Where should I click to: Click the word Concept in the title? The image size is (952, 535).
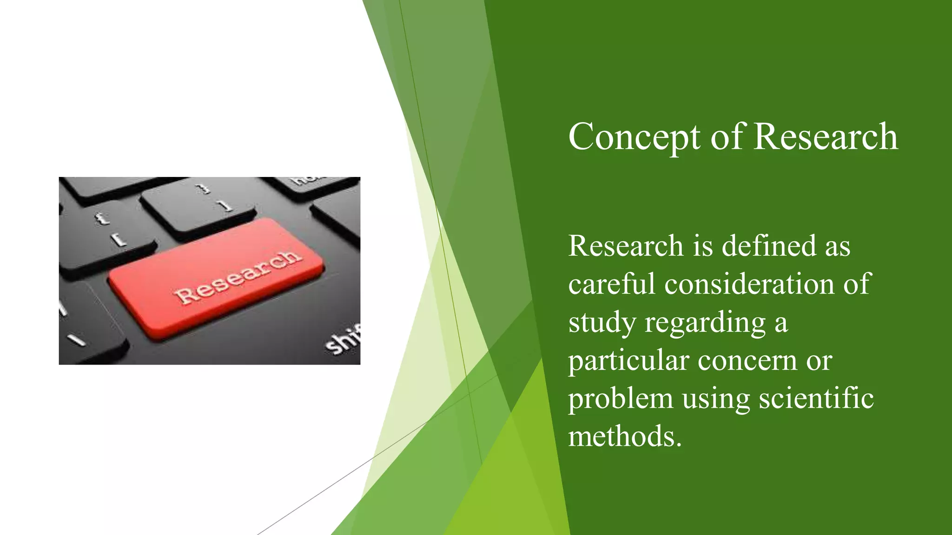(x=634, y=137)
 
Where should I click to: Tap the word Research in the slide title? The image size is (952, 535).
(x=826, y=137)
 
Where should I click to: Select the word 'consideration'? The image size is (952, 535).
(x=749, y=284)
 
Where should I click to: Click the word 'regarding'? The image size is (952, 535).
(x=705, y=323)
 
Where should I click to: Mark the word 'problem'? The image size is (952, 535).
(x=620, y=399)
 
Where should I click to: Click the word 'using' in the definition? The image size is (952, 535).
(x=716, y=399)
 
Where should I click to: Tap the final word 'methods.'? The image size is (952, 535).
(x=625, y=437)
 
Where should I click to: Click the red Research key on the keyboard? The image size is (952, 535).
(x=216, y=278)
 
